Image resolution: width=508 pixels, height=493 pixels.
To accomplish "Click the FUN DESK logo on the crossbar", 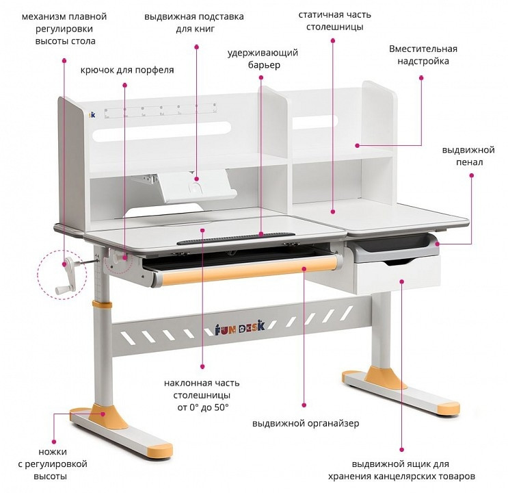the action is pyautogui.click(x=240, y=329).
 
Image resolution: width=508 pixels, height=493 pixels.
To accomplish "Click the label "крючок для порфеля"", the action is pyautogui.click(x=127, y=70).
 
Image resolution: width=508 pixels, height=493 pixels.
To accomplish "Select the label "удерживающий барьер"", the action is pyautogui.click(x=263, y=59).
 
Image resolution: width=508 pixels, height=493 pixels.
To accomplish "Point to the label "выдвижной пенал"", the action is pyautogui.click(x=468, y=156).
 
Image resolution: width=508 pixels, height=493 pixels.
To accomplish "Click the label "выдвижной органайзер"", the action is pyautogui.click(x=306, y=423).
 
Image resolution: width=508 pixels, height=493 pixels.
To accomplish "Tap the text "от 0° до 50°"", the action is pyautogui.click(x=203, y=407).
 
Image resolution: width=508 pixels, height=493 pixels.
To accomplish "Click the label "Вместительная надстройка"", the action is pyautogui.click(x=423, y=55).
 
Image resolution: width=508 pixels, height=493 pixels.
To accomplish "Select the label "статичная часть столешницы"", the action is pyautogui.click(x=334, y=21).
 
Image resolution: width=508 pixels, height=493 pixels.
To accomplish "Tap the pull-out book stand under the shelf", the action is pyautogui.click(x=196, y=188).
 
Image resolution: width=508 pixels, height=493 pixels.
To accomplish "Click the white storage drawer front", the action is pyautogui.click(x=397, y=275).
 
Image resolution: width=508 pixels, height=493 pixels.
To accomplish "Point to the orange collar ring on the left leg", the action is pyautogui.click(x=102, y=305).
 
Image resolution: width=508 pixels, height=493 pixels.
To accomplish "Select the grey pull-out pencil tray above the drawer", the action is pyautogui.click(x=395, y=249).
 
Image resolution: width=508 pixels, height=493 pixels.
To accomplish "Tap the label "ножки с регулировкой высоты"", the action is pyautogui.click(x=53, y=464).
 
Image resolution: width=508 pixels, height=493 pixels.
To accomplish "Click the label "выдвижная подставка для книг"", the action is pyautogui.click(x=194, y=23).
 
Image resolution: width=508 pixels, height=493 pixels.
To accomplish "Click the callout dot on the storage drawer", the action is pyautogui.click(x=402, y=281).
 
